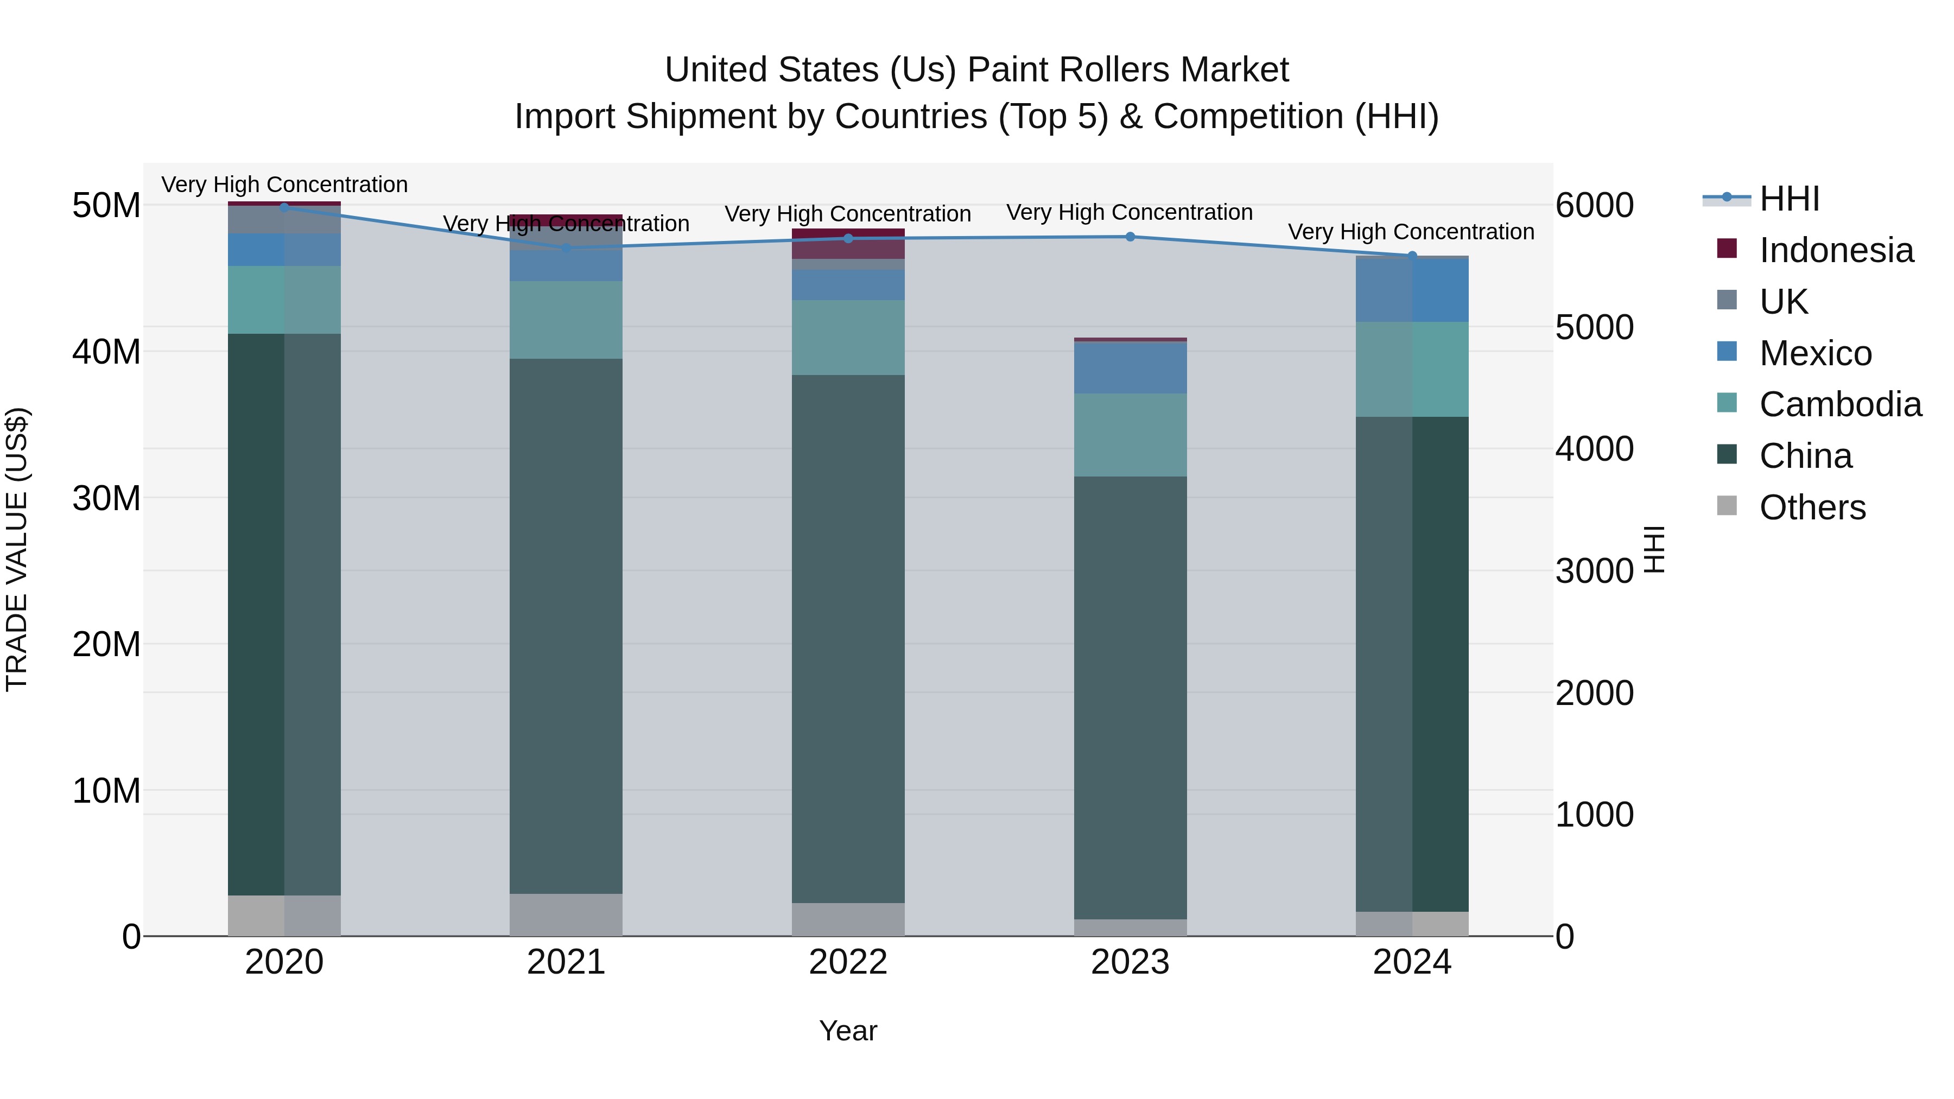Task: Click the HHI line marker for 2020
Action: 284,207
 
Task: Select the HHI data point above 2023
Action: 1130,237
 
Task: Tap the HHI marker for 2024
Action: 1412,256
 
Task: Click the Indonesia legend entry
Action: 1836,250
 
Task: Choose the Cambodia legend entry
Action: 1839,404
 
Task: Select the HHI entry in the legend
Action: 1788,199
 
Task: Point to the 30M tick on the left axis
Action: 106,498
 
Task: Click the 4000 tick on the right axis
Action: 1594,449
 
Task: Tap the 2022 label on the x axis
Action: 848,962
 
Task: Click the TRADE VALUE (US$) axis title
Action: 17,549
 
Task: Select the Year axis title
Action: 848,1031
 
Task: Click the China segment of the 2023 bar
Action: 1130,698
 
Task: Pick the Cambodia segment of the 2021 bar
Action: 566,320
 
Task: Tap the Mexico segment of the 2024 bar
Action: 1412,290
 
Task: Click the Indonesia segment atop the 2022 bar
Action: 848,244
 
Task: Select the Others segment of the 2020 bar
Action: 284,916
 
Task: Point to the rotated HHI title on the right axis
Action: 1655,549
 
